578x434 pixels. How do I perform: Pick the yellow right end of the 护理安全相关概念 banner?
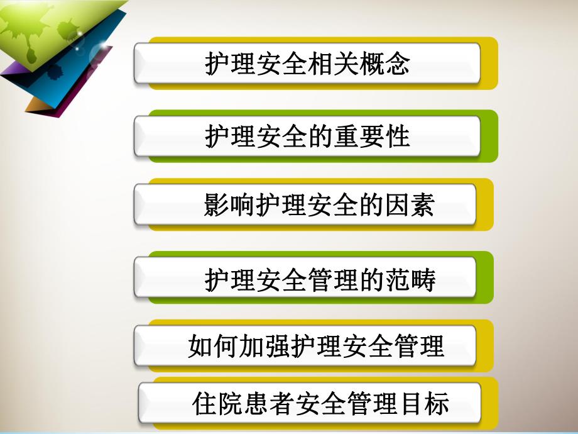tap(489, 63)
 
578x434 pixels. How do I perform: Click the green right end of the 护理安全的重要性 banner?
tap(489, 136)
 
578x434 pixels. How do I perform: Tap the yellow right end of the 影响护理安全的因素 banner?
tap(485, 205)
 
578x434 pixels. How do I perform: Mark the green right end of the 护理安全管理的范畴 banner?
tap(485, 277)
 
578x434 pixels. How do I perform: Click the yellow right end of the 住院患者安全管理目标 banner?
tap(489, 403)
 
